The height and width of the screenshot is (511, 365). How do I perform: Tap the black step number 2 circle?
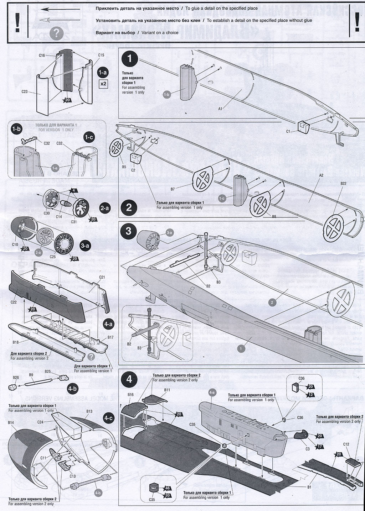(129, 207)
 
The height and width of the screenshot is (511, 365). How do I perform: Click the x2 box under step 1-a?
(103, 84)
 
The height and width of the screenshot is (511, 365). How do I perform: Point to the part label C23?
(25, 91)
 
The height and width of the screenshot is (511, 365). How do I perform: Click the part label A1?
(220, 109)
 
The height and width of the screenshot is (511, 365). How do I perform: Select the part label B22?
(344, 183)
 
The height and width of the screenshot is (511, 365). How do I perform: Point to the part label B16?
(130, 395)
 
